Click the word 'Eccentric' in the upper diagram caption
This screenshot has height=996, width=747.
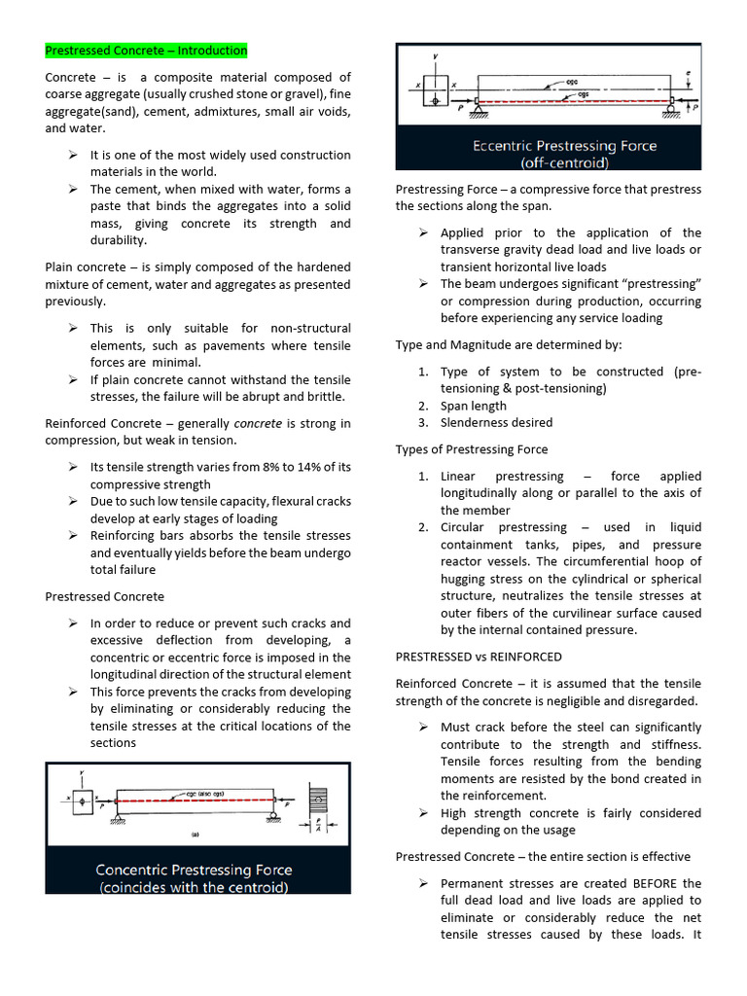click(507, 146)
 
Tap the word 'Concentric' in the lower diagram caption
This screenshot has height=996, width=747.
click(133, 870)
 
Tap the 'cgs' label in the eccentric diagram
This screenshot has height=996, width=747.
click(583, 93)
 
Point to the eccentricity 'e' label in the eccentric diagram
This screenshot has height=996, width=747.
click(687, 72)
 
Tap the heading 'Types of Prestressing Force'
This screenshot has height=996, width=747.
click(471, 449)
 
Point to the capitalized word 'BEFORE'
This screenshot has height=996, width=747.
click(654, 883)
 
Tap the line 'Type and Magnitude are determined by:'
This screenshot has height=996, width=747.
click(509, 345)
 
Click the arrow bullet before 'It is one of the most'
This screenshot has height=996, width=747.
click(73, 156)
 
